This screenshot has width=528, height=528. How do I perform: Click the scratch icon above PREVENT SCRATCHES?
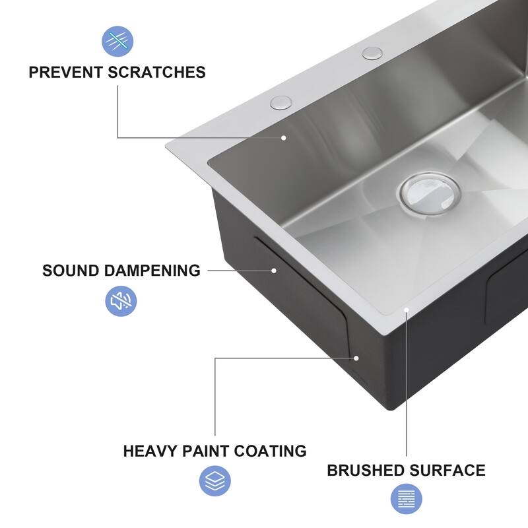click(x=117, y=40)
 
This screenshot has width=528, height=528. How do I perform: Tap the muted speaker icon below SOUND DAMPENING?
click(x=121, y=302)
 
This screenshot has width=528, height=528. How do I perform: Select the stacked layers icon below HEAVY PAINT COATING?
click(x=215, y=481)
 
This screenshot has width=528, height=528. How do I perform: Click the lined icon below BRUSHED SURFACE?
click(x=407, y=500)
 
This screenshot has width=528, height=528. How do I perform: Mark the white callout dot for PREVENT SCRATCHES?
click(x=283, y=137)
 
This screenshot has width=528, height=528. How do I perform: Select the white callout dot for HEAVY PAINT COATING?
click(x=356, y=358)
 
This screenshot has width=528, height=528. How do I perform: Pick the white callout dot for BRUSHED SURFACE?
click(x=407, y=310)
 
